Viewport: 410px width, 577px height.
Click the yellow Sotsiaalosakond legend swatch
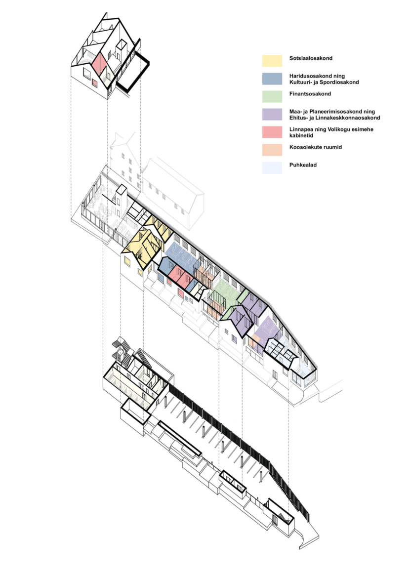click(x=272, y=60)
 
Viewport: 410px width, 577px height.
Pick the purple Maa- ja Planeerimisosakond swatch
click(x=272, y=114)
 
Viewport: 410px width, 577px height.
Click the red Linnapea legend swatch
click(x=272, y=132)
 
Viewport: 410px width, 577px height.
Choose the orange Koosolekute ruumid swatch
click(x=272, y=150)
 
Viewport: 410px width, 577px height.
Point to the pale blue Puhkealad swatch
click(x=272, y=167)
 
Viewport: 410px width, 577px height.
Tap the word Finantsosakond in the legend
click(x=310, y=93)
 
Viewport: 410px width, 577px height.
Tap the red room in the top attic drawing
click(x=98, y=64)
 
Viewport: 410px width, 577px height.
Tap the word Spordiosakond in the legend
click(x=339, y=82)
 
